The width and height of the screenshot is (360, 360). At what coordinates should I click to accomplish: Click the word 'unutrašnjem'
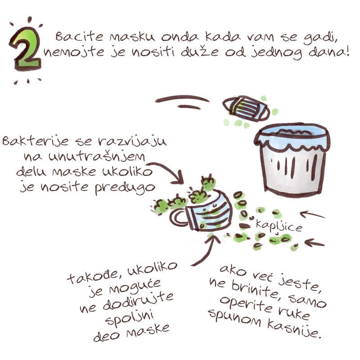[x=88, y=157]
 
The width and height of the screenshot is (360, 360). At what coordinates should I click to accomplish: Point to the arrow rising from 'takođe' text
[x=205, y=250]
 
